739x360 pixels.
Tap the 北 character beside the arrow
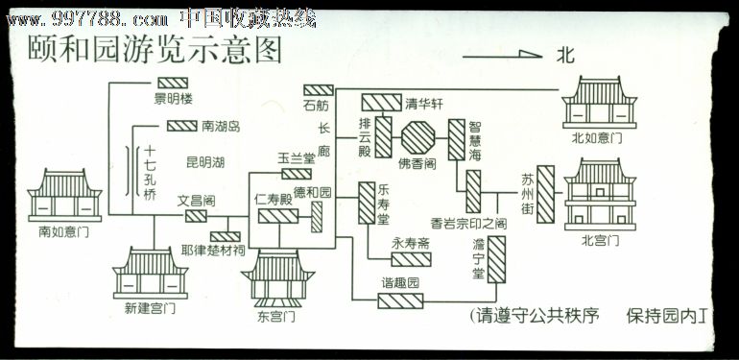click(x=566, y=56)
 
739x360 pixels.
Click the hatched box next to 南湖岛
click(x=181, y=126)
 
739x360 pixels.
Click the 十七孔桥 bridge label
click(x=150, y=178)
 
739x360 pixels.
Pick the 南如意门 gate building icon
click(x=70, y=196)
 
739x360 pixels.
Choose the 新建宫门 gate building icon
click(x=152, y=273)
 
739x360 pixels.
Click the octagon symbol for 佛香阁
click(x=419, y=138)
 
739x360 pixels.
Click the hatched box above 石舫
click(x=318, y=90)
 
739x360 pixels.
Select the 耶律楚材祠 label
click(x=212, y=252)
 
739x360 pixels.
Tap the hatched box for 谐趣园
click(x=400, y=301)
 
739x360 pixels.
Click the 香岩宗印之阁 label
click(x=468, y=223)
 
